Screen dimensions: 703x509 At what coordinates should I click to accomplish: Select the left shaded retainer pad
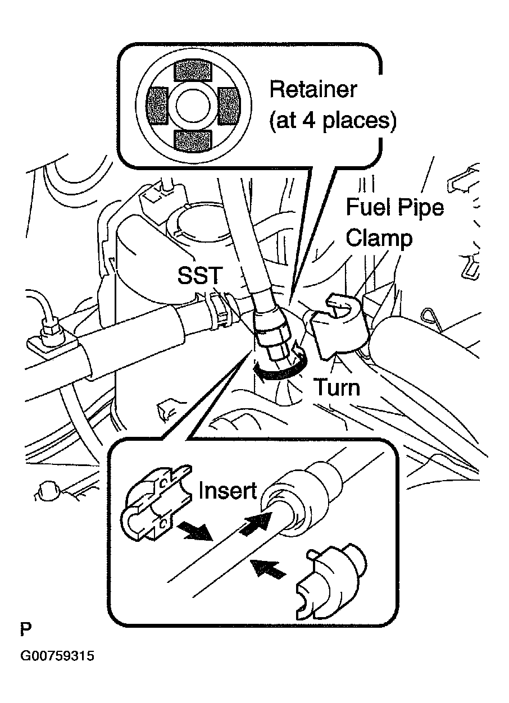click(157, 106)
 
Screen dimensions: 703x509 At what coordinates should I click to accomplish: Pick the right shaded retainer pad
click(229, 106)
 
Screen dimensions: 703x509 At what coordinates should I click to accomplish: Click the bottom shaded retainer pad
click(194, 141)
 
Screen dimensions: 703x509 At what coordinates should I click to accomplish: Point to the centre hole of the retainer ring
click(193, 106)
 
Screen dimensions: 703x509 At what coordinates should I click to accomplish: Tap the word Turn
click(336, 387)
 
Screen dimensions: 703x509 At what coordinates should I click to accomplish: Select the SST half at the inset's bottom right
click(329, 584)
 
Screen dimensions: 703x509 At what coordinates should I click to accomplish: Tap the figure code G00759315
click(57, 656)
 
